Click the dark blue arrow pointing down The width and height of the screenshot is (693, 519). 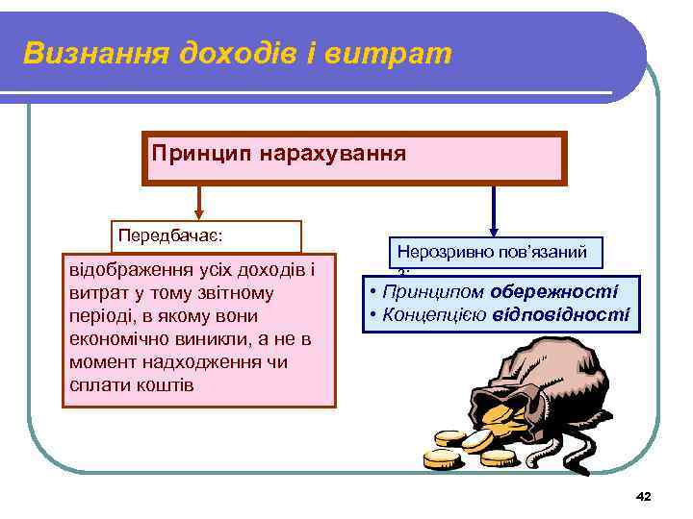(494, 208)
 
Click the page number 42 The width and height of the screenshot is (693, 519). (644, 496)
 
